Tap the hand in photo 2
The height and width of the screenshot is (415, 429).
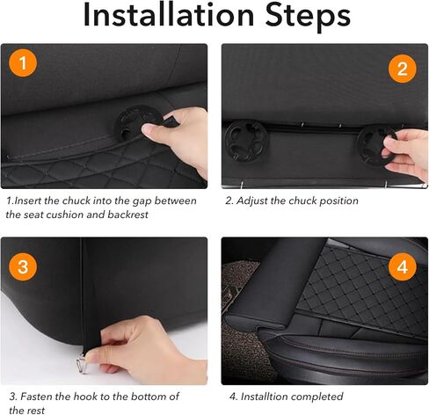409,156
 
